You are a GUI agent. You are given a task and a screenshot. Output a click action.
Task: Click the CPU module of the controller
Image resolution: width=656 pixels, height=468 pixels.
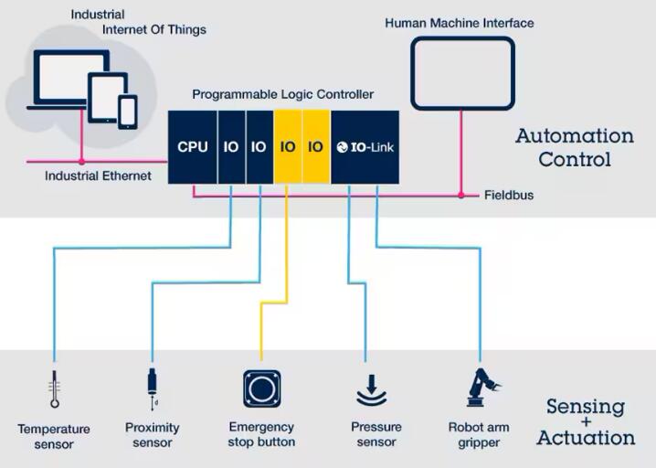[x=193, y=146]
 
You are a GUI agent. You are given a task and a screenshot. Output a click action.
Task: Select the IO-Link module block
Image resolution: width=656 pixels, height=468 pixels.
[x=365, y=146]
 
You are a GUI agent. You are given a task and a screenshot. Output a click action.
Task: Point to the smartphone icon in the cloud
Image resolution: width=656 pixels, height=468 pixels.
[x=128, y=112]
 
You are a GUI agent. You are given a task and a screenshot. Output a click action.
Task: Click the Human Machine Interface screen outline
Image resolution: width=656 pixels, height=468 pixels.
[x=462, y=73]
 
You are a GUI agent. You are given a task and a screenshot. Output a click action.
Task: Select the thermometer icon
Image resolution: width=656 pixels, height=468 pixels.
[x=55, y=389]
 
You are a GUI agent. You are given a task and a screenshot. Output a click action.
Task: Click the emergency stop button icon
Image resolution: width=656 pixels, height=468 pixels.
[x=261, y=388]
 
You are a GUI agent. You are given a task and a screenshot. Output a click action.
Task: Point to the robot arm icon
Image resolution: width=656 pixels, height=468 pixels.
[x=478, y=388]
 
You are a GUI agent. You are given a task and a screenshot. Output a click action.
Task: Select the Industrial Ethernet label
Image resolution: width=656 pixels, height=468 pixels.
[x=98, y=175]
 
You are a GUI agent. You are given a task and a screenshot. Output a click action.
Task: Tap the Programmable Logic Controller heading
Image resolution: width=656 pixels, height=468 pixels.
[x=282, y=94]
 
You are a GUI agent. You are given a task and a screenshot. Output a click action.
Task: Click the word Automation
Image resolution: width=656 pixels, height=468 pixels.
[x=574, y=136]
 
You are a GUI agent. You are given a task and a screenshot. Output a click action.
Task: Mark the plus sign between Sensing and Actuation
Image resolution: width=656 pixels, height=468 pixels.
[x=585, y=422]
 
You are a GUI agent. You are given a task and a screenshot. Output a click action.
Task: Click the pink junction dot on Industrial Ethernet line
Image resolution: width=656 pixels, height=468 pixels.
[x=81, y=162]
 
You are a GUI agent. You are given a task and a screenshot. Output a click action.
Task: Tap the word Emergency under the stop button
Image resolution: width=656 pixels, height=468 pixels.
[x=261, y=427]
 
